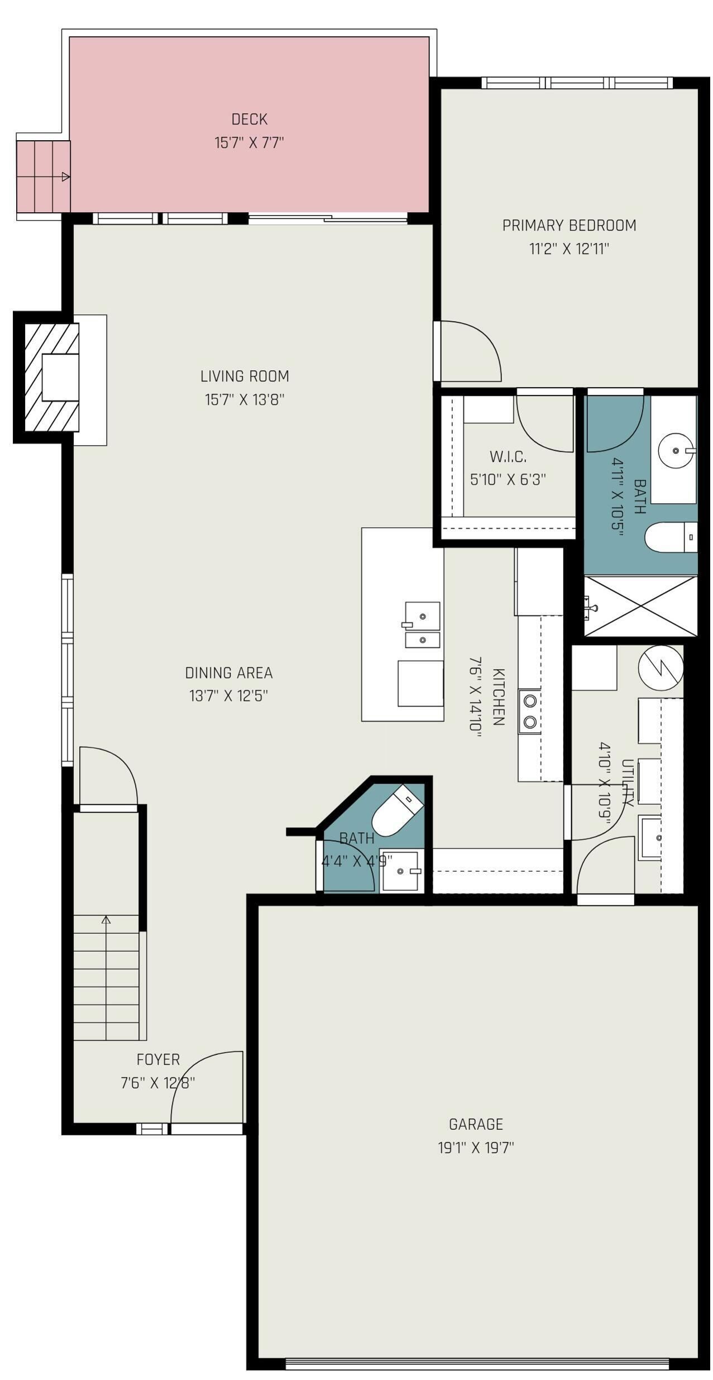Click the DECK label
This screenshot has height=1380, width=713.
[x=250, y=119]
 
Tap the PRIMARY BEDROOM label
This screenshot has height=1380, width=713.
[x=569, y=225]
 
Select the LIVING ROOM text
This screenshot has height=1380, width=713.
[x=245, y=376]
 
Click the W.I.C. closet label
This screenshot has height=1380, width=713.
[x=508, y=456]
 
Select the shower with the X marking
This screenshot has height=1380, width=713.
[x=640, y=606]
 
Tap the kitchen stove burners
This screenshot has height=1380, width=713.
[x=530, y=711]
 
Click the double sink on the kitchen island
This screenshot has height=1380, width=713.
[x=423, y=624]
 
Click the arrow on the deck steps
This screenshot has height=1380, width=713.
[x=65, y=177]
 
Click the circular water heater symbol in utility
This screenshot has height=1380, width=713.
[x=661, y=667]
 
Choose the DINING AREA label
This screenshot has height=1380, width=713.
[x=229, y=673]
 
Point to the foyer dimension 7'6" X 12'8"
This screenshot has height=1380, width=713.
[x=158, y=1083]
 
